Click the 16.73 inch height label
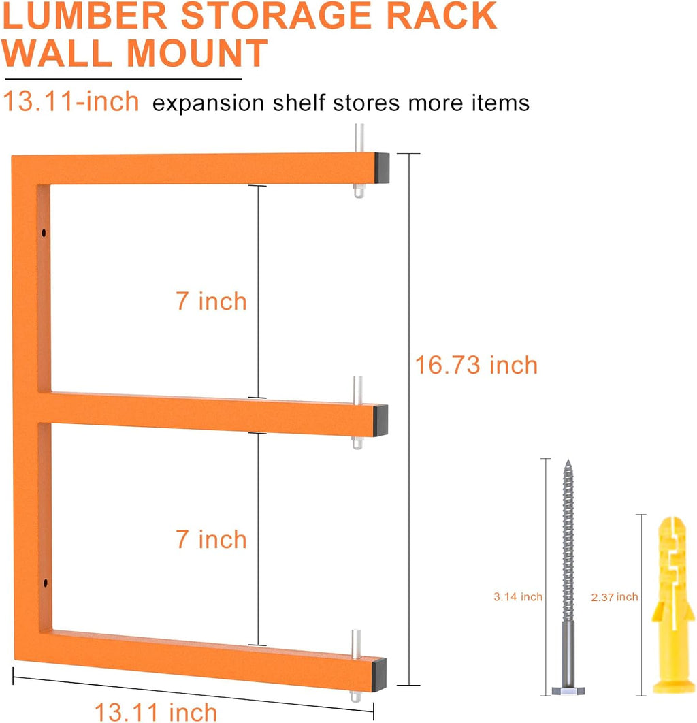[x=476, y=365]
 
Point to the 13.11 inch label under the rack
[x=156, y=711]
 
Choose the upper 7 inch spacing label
[x=211, y=301]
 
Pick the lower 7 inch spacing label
[x=211, y=539]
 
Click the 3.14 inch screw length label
[x=518, y=597]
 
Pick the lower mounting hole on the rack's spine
[x=44, y=583]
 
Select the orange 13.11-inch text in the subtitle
[x=71, y=102]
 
